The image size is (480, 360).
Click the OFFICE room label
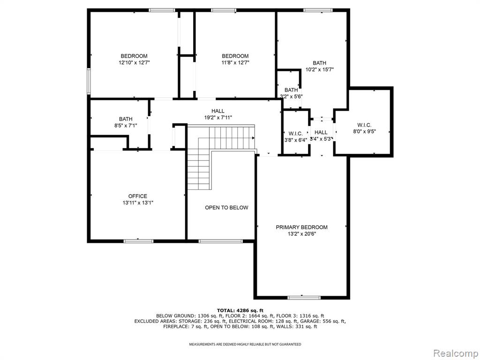pyautogui.click(x=137, y=196)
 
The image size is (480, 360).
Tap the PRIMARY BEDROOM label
pyautogui.click(x=301, y=227)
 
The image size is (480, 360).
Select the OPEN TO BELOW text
pyautogui.click(x=226, y=208)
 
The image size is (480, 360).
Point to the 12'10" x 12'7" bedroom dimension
pyautogui.click(x=134, y=62)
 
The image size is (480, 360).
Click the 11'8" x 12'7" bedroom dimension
pyautogui.click(x=235, y=62)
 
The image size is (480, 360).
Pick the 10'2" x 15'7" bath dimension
pyautogui.click(x=320, y=69)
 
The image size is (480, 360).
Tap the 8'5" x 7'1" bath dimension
pyautogui.click(x=126, y=125)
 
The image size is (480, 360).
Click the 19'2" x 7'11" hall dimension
pyautogui.click(x=218, y=117)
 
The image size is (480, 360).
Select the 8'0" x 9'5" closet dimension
pyautogui.click(x=364, y=131)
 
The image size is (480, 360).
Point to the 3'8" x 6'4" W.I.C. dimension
pyautogui.click(x=295, y=140)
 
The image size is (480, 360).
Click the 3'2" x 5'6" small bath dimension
pyautogui.click(x=291, y=97)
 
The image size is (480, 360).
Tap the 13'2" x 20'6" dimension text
pyautogui.click(x=301, y=234)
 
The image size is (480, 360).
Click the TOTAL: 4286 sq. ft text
pyautogui.click(x=240, y=310)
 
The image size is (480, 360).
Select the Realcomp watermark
pyautogui.click(x=455, y=353)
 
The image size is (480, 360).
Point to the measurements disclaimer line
pyautogui.click(x=245, y=345)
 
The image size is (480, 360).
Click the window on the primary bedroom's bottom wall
pyautogui.click(x=304, y=298)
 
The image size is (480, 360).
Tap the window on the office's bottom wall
pyautogui.click(x=138, y=241)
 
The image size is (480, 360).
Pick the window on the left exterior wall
pyautogui.click(x=89, y=81)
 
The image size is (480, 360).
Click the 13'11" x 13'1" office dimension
pyautogui.click(x=138, y=202)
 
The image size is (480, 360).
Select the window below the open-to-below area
pyautogui.click(x=220, y=241)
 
